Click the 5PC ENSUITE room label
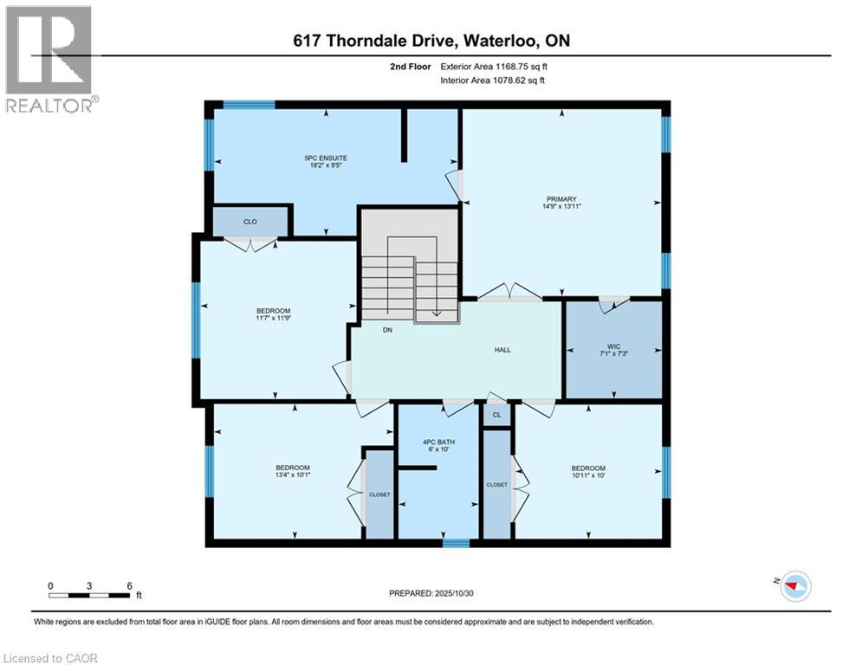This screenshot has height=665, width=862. [x=326, y=158]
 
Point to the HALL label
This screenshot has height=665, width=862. [x=502, y=351]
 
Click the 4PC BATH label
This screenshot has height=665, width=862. [x=437, y=442]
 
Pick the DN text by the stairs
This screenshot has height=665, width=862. [x=389, y=329]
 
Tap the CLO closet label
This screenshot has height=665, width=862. [x=250, y=222]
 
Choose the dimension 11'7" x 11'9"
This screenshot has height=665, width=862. [x=273, y=320]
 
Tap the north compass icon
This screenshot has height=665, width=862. [x=794, y=586]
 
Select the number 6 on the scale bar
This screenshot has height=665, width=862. [x=129, y=585]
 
